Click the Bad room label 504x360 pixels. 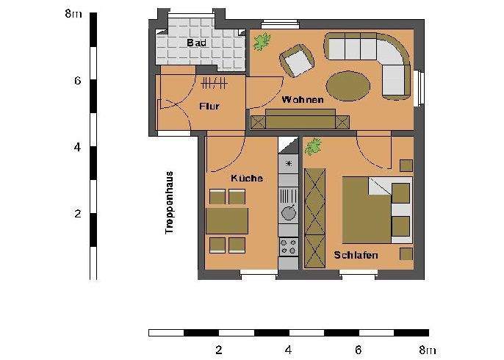point(197,43)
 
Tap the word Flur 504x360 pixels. point(209,106)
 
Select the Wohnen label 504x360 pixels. point(302,100)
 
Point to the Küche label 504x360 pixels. point(247,179)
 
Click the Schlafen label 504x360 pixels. point(356,256)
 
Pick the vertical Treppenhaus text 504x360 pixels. point(169,203)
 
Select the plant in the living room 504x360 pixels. point(262,42)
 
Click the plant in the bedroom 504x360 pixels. point(314,145)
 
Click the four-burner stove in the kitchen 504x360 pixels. point(289,247)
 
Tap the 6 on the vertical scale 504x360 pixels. point(76,81)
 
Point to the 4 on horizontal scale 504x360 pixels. point(288,350)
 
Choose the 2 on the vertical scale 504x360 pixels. point(76,215)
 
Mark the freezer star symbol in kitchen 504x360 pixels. point(289,163)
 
